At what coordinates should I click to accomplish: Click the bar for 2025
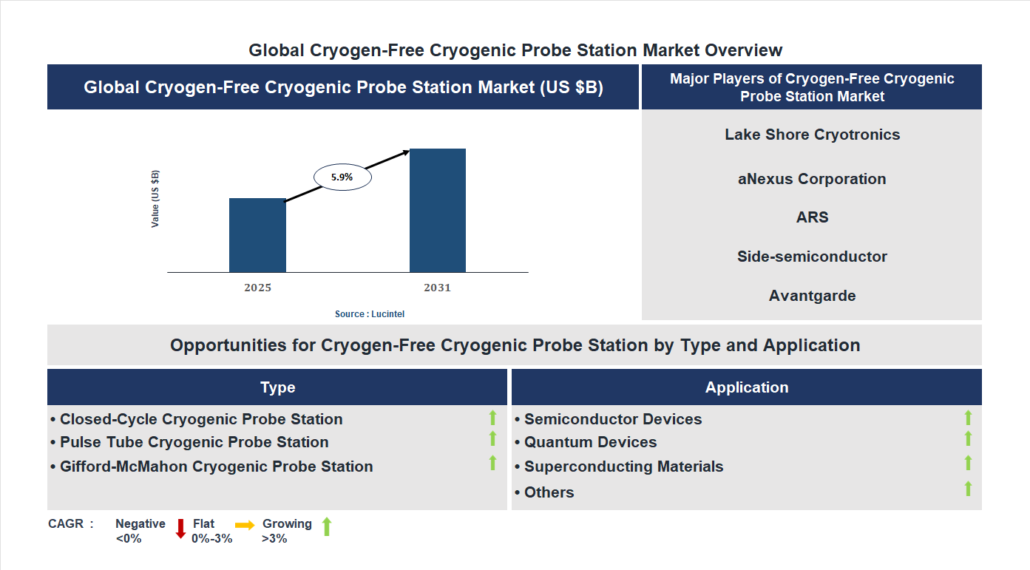[257, 235]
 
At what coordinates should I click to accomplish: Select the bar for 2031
[438, 211]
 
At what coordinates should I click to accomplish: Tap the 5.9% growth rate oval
[342, 177]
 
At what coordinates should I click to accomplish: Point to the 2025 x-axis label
[257, 288]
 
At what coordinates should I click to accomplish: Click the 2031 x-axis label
[437, 288]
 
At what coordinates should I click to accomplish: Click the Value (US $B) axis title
[155, 199]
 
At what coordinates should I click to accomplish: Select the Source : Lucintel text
[370, 314]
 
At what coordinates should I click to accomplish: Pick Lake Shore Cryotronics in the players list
[812, 135]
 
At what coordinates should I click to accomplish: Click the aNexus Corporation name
[812, 179]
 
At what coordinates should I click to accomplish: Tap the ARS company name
[812, 217]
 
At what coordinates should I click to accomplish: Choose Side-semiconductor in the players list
[812, 257]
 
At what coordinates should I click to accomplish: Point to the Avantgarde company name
[812, 296]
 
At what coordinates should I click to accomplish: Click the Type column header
[277, 387]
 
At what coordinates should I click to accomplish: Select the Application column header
[747, 387]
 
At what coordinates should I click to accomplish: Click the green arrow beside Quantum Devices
[968, 439]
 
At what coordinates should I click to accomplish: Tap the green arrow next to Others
[968, 489]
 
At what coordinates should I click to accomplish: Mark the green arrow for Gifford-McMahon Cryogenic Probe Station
[492, 464]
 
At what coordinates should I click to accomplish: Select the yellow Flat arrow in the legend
[245, 524]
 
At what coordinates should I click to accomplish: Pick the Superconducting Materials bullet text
[623, 466]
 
